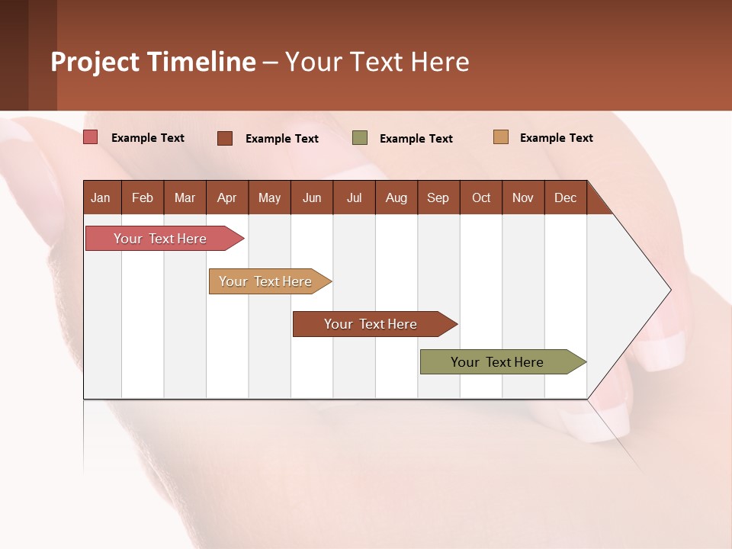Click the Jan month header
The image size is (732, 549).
point(101,197)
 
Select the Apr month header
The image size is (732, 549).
point(226,197)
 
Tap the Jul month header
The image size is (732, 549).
point(354,197)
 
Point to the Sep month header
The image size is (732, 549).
point(438,197)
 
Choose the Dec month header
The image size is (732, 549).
point(565,197)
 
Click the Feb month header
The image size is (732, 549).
point(143,197)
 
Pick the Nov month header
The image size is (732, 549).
point(522,197)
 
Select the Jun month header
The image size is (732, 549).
point(311,197)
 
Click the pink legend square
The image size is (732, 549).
point(91,137)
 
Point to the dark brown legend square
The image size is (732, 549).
point(225,138)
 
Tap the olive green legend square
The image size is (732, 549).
point(360,138)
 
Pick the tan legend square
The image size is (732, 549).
point(500,137)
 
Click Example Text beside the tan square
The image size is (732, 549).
point(556,138)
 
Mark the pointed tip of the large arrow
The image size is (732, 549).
point(669,290)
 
